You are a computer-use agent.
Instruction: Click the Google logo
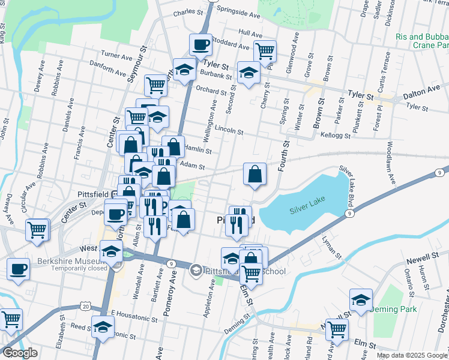pyautogui.click(x=19, y=353)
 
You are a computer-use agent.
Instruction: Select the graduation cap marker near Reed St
pyautogui.click(x=103, y=327)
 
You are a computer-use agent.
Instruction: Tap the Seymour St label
pyautogui.click(x=136, y=67)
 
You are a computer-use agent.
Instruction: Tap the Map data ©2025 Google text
pyautogui.click(x=411, y=355)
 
